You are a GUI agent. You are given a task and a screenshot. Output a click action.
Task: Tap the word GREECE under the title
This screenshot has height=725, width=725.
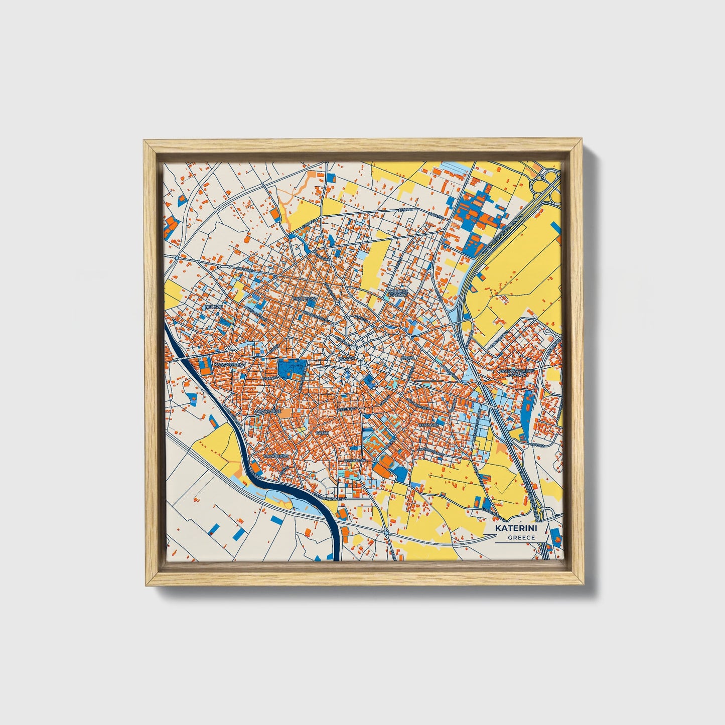(521, 537)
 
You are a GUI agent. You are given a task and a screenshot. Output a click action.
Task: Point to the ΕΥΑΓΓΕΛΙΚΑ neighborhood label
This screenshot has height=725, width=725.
(306, 298)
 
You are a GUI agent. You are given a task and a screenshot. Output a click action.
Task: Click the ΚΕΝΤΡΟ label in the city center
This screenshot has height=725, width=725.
(346, 359)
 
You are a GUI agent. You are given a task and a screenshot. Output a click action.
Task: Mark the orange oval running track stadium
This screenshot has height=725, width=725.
(383, 465)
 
